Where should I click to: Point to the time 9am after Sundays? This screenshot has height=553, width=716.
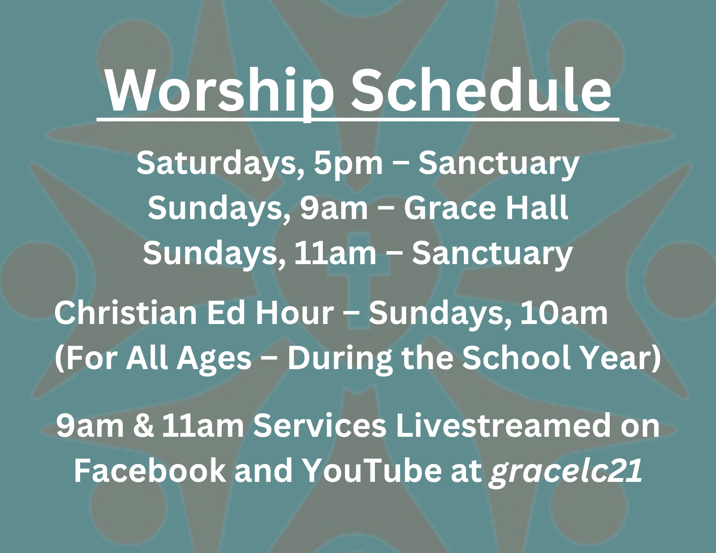click(334, 208)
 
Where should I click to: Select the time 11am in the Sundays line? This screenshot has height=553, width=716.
click(335, 253)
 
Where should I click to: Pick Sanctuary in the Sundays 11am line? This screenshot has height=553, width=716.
click(492, 254)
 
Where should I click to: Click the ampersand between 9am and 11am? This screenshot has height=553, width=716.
click(144, 426)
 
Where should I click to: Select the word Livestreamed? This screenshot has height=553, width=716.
click(503, 425)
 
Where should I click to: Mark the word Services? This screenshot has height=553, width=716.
click(320, 425)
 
